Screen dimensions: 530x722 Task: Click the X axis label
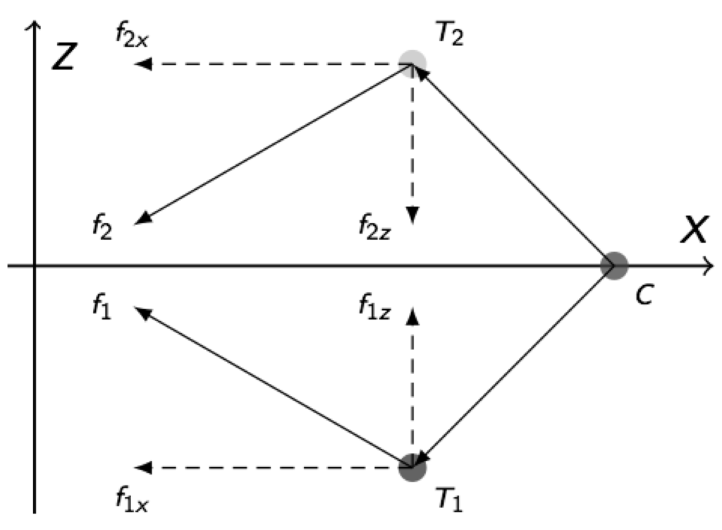point(694,230)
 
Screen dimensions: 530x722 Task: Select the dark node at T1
point(412,466)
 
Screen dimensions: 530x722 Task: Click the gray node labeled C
point(613,265)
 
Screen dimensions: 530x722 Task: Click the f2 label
point(101,229)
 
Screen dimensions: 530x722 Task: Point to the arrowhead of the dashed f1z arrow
point(413,315)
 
